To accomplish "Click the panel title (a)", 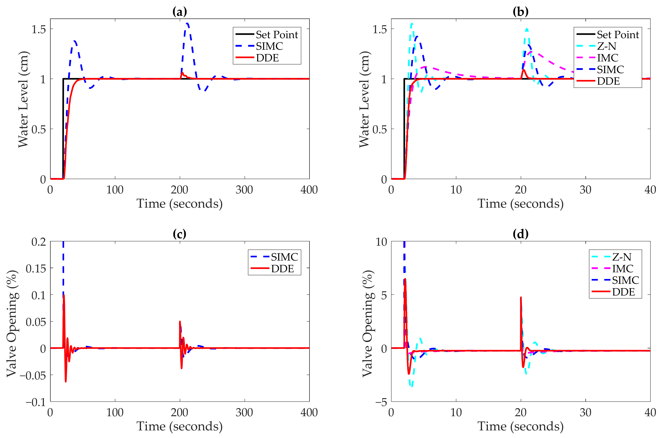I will [x=179, y=12].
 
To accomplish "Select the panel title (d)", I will [x=520, y=234].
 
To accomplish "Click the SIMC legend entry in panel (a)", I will [x=269, y=46].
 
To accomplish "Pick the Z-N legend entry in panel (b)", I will [x=606, y=46].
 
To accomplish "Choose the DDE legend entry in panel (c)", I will [x=282, y=269].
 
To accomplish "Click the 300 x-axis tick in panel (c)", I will [x=244, y=413].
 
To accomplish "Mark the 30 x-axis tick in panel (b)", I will [x=585, y=190].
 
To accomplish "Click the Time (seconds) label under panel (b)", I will [x=520, y=204].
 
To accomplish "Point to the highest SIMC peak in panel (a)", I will [x=187, y=23].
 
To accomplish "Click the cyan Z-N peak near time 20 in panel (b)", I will [x=527, y=29].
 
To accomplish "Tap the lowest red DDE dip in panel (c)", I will [x=66, y=382].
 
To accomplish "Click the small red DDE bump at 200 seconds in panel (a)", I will [x=182, y=73].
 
